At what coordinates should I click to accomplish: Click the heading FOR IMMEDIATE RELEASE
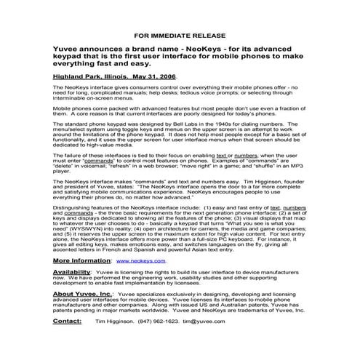[180, 34]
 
